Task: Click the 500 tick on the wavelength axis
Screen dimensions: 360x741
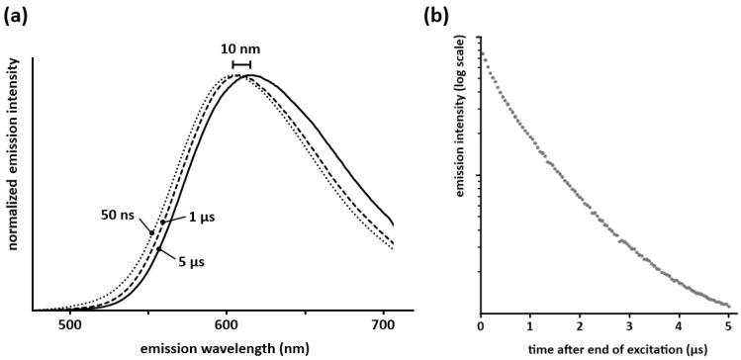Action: click(x=69, y=324)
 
